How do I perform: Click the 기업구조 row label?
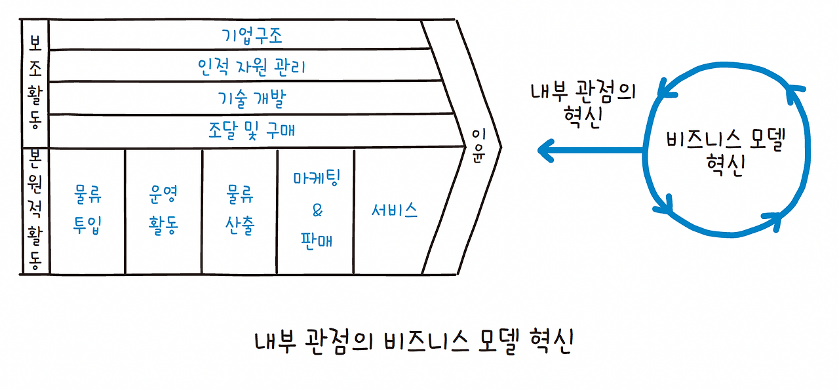tap(252, 35)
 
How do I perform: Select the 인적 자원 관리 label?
tap(252, 66)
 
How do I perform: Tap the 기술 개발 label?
tap(252, 98)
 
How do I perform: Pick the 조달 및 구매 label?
tap(252, 130)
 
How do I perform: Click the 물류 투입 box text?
tap(87, 210)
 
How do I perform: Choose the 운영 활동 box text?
tap(164, 210)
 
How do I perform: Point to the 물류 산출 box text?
tap(240, 210)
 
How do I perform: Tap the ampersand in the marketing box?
tap(317, 210)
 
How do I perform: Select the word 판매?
tap(317, 241)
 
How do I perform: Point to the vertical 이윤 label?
tap(478, 146)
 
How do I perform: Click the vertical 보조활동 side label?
tap(35, 82)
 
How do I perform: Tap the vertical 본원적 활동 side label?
tap(35, 210)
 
